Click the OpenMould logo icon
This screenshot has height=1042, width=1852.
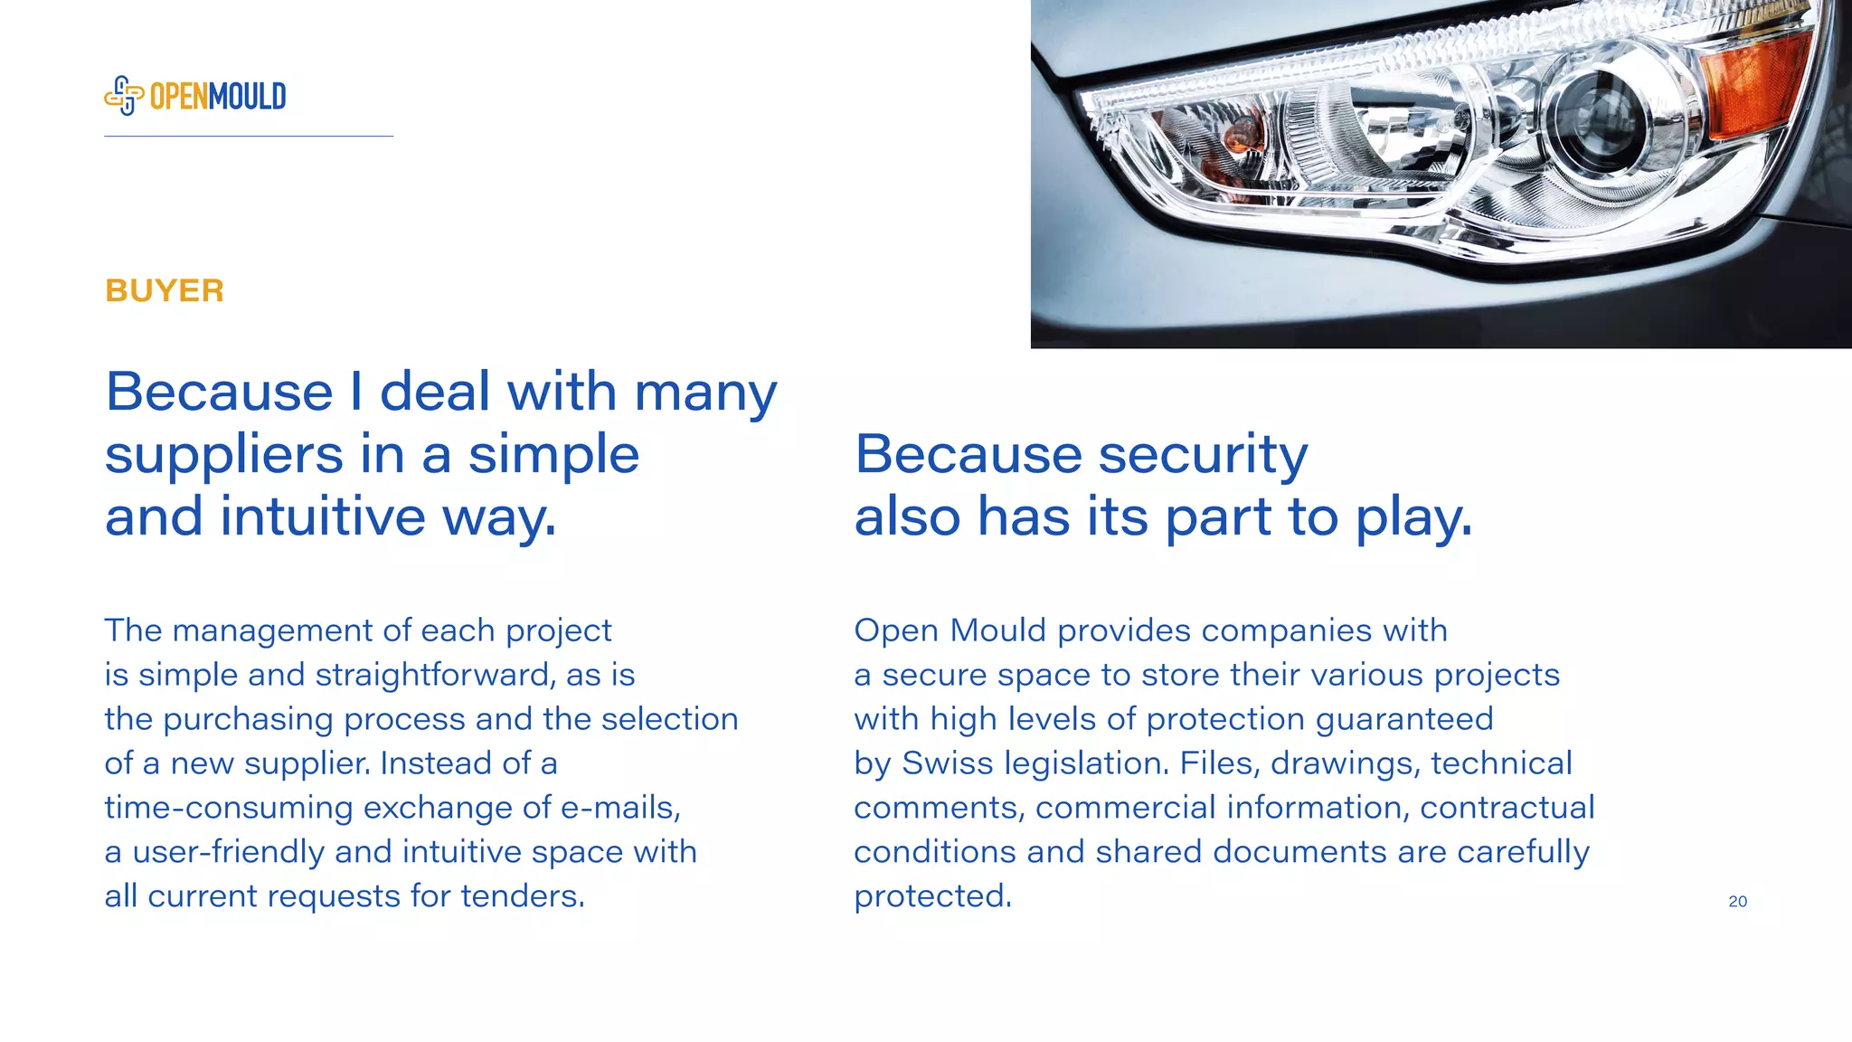click(x=124, y=95)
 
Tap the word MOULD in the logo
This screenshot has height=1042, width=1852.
click(x=247, y=96)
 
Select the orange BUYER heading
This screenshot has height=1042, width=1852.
click(x=165, y=291)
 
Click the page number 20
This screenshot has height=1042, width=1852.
click(x=1737, y=901)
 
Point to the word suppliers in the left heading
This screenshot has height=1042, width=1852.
click(x=224, y=455)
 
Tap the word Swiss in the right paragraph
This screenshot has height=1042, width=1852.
click(x=947, y=763)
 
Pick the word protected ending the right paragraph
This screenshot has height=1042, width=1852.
click(x=932, y=896)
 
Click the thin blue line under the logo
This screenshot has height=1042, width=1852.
click(x=249, y=137)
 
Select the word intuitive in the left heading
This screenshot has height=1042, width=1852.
click(x=322, y=517)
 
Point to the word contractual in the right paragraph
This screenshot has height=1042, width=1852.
click(x=1507, y=808)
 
